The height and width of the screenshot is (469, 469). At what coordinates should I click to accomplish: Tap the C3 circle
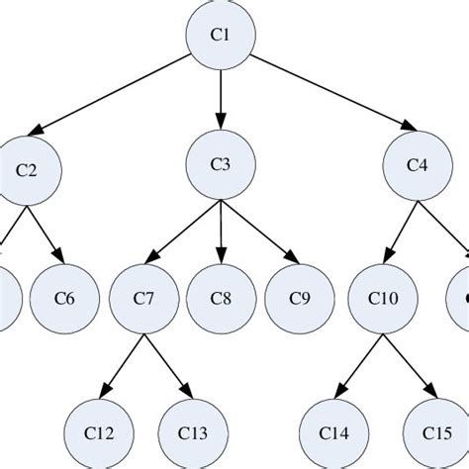pyautogui.click(x=221, y=164)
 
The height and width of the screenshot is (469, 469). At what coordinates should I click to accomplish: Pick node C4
pyautogui.click(x=417, y=164)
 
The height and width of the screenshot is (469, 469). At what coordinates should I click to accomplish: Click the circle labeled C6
pyautogui.click(x=63, y=297)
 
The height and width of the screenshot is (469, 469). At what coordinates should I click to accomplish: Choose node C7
pyautogui.click(x=144, y=297)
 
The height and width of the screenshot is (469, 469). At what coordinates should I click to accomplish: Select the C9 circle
pyautogui.click(x=298, y=297)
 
